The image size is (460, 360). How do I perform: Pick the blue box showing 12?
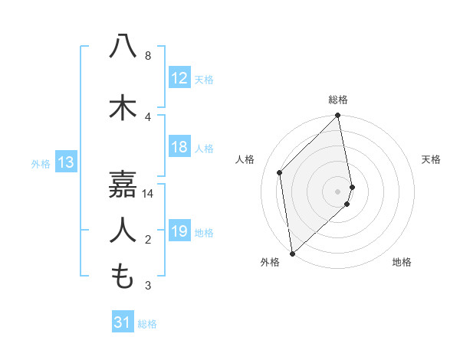click(179, 79)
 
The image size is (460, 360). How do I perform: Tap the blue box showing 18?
click(179, 148)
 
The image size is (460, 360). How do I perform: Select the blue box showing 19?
click(179, 231)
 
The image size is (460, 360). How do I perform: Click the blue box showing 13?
click(65, 162)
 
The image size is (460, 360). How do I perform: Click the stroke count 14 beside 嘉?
click(148, 195)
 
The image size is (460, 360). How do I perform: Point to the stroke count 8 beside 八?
click(147, 56)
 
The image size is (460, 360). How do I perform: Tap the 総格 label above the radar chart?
click(338, 100)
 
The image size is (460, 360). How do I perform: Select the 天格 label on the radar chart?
click(431, 159)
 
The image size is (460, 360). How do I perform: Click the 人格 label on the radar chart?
click(245, 159)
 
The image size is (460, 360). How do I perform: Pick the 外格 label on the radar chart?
click(270, 262)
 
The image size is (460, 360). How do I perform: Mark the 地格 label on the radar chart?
click(402, 262)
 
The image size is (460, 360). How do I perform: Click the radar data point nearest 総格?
click(338, 116)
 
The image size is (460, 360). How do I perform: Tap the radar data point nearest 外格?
click(292, 253)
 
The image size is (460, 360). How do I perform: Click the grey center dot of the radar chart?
click(338, 191)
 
